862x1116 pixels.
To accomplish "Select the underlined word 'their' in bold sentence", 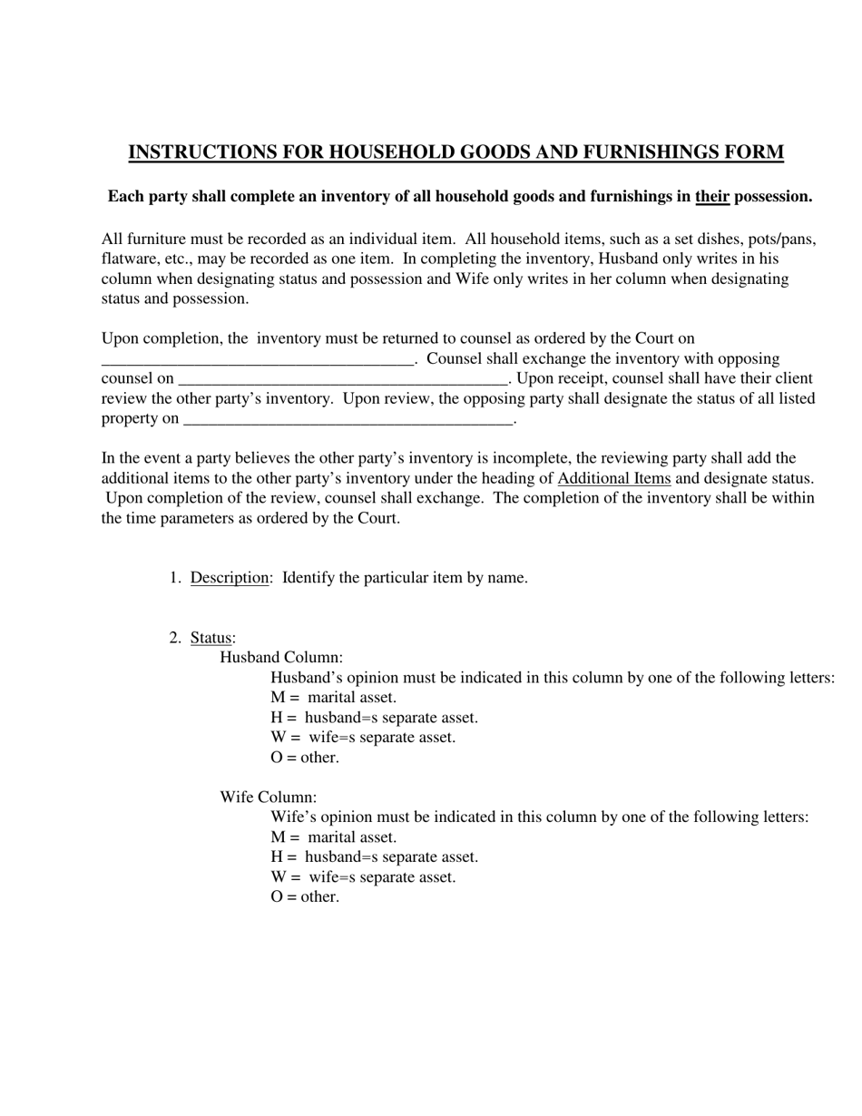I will [712, 197].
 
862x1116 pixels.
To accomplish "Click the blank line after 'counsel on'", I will [343, 380].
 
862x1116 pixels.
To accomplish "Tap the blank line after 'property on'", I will [348, 420].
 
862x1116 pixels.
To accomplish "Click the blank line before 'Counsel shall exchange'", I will [259, 360].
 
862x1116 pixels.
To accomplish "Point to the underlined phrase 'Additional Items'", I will [614, 478].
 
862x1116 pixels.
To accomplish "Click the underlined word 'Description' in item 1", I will [230, 578].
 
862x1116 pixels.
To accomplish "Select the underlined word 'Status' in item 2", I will [211, 638].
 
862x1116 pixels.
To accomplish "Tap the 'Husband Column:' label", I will [281, 658].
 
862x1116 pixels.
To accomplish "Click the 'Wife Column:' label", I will [269, 798].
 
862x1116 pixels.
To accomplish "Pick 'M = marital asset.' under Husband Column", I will [333, 698].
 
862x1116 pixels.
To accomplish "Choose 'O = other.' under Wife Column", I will [305, 897].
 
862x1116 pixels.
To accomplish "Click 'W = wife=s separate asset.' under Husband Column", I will [363, 738].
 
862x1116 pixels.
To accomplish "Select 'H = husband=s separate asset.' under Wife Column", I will [374, 857].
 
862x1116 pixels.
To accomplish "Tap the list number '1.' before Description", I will [175, 578].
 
